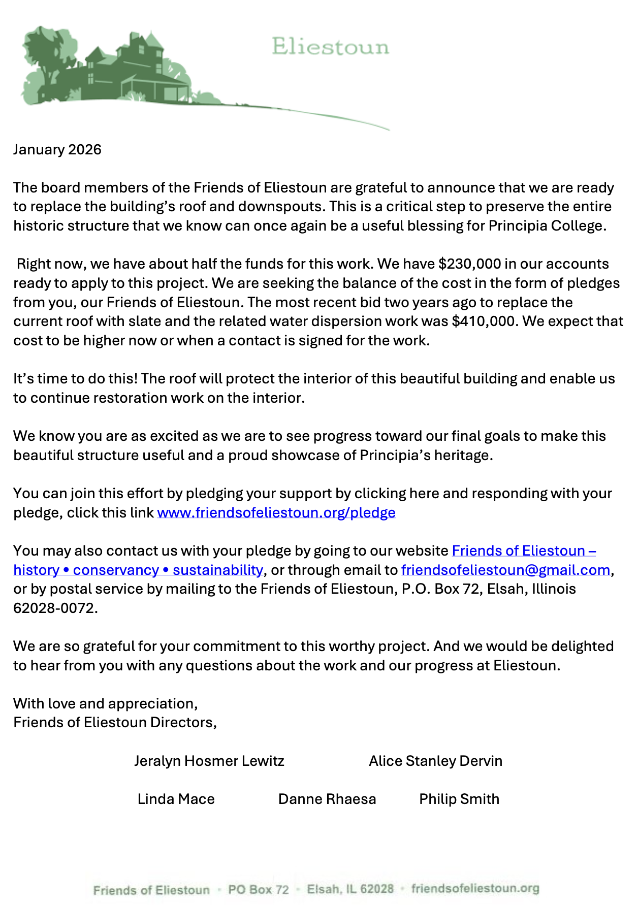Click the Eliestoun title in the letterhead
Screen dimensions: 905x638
pos(330,47)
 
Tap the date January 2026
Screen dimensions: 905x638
pos(57,149)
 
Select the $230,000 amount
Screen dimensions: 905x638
pos(469,264)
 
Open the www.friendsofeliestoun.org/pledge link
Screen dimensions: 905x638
pos(276,512)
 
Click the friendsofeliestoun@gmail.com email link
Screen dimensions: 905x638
pos(505,570)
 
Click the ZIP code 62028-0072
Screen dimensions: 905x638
pos(55,608)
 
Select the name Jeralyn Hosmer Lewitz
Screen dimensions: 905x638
pos(209,761)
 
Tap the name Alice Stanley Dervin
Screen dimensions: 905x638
pos(435,761)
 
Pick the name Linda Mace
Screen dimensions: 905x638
pos(176,799)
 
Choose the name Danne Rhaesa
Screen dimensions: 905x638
pos(327,799)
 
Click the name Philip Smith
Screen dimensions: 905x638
pos(459,799)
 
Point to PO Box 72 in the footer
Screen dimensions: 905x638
pos(258,890)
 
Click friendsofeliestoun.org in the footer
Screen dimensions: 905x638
pos(475,888)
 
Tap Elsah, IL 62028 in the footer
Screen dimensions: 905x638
pos(350,889)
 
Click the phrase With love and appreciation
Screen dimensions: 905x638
pos(105,703)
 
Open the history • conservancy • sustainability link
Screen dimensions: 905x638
pos(138,570)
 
